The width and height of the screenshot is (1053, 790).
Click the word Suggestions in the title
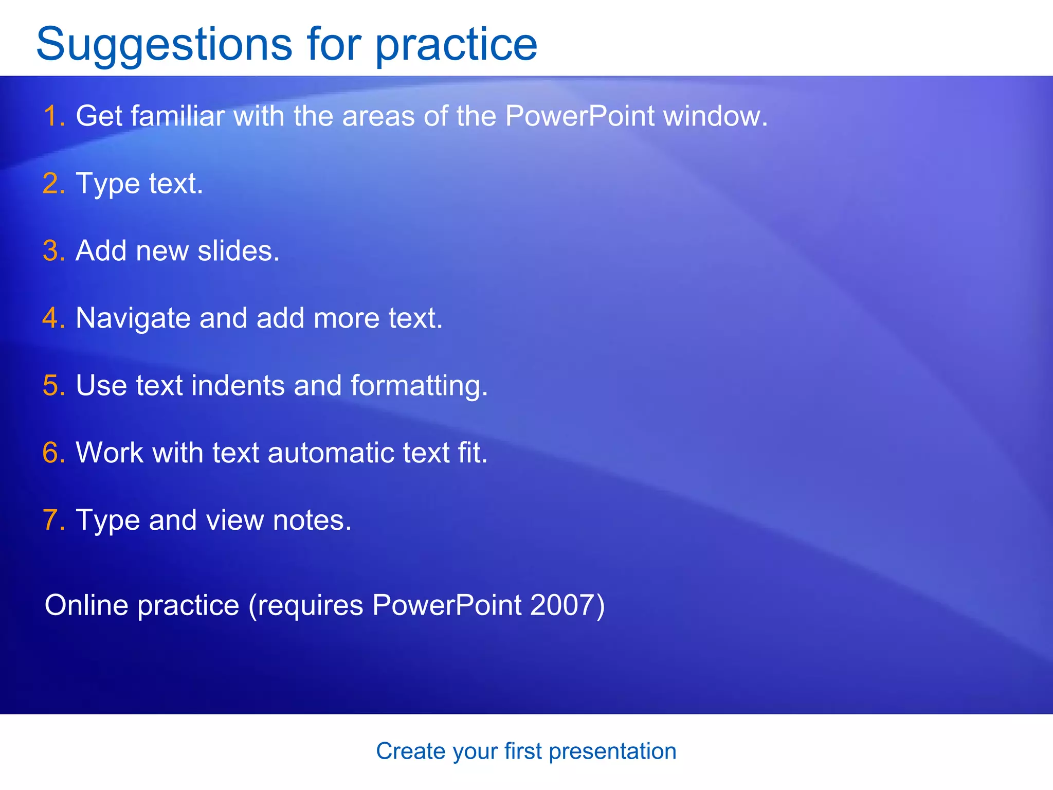tap(164, 45)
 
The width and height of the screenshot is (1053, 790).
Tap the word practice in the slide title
tap(456, 45)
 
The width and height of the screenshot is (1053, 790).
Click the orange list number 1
tap(52, 116)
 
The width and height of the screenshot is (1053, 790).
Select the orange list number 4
tap(52, 318)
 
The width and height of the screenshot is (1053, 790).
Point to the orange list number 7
tap(52, 520)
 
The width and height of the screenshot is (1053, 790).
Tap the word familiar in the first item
tap(177, 116)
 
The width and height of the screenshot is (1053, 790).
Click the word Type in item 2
tap(107, 184)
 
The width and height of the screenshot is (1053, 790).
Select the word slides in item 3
tap(238, 251)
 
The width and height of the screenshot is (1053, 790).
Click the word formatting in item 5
tap(419, 386)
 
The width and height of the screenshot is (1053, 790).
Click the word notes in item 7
tap(312, 520)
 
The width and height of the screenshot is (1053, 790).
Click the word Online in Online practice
tap(86, 605)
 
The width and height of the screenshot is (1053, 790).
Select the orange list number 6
tap(52, 453)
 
